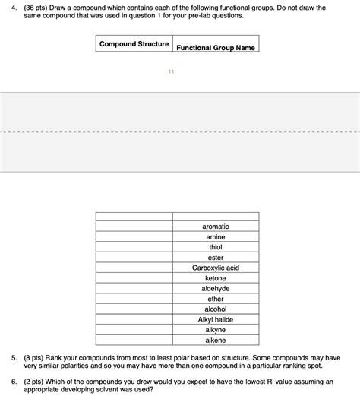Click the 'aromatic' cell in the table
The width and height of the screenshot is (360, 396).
point(216,227)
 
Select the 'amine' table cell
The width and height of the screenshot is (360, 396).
point(216,237)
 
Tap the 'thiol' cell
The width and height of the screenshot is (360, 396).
point(216,247)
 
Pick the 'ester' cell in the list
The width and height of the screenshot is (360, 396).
point(216,258)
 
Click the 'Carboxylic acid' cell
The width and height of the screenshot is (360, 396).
point(216,268)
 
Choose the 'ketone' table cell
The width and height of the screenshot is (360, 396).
point(216,278)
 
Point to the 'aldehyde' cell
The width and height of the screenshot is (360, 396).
point(216,289)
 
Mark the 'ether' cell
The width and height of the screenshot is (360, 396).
point(216,299)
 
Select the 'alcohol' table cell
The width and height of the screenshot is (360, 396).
point(216,309)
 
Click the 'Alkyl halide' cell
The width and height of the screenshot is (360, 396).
point(216,319)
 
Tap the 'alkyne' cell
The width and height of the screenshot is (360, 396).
point(216,330)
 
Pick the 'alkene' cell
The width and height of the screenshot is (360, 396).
point(216,340)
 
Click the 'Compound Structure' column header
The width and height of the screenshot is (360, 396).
point(134,44)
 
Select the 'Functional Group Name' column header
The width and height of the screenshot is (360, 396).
point(216,47)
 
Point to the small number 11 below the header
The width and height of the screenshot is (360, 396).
point(172,71)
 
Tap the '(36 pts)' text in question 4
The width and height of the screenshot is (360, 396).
point(36,7)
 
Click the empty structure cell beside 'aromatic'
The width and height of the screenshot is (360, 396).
point(134,227)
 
